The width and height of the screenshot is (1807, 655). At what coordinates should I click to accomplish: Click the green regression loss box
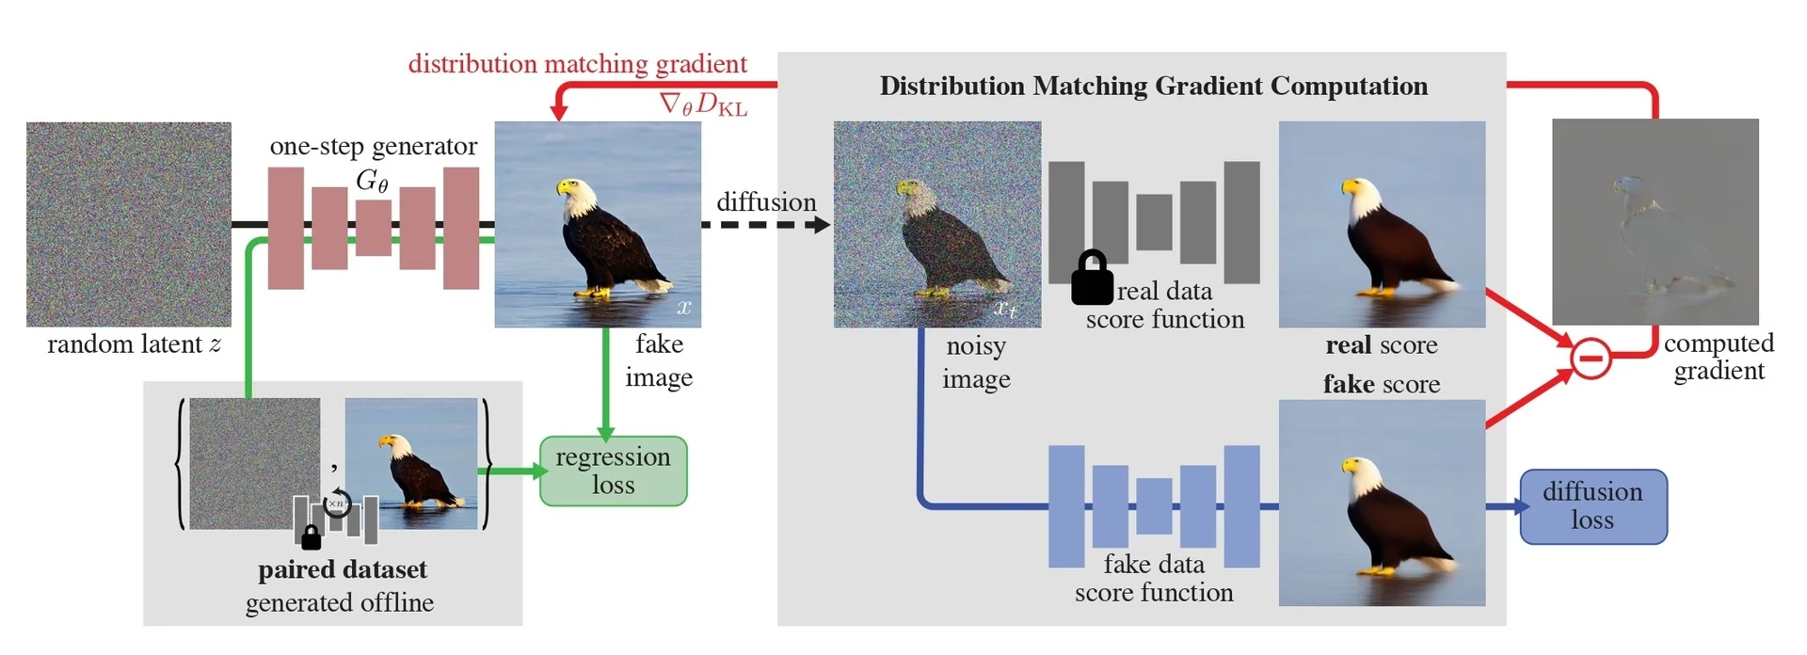tap(613, 471)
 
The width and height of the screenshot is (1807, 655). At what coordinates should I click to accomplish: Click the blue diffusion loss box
tap(1592, 506)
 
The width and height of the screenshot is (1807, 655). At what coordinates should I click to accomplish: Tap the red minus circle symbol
tap(1591, 359)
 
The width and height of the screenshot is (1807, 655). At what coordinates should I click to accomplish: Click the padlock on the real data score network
tap(1092, 278)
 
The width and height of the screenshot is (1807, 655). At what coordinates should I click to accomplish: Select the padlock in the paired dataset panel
tap(311, 537)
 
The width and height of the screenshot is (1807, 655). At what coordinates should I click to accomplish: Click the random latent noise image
tap(129, 224)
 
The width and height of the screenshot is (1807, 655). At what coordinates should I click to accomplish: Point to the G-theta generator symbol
tap(372, 180)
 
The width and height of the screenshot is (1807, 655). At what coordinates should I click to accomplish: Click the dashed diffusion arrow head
tap(823, 225)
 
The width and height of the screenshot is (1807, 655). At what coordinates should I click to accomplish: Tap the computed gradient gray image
tap(1655, 221)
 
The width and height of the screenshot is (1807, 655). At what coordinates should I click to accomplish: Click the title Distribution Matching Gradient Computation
tap(1153, 87)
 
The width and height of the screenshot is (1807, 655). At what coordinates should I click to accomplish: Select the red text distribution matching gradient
tap(577, 64)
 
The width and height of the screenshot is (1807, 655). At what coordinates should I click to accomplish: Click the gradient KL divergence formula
tap(703, 104)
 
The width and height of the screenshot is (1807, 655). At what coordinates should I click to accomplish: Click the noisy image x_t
tap(936, 224)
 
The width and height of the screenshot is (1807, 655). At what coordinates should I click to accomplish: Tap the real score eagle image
tap(1382, 224)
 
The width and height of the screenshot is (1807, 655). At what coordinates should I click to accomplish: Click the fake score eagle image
tap(1382, 503)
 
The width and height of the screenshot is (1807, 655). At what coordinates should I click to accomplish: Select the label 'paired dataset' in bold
tap(343, 569)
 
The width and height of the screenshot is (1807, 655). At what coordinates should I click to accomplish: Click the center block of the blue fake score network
tap(1154, 506)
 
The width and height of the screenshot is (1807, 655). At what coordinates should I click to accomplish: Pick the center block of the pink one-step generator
tap(374, 228)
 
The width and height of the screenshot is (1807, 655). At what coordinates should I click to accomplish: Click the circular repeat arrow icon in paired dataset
tap(337, 504)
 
